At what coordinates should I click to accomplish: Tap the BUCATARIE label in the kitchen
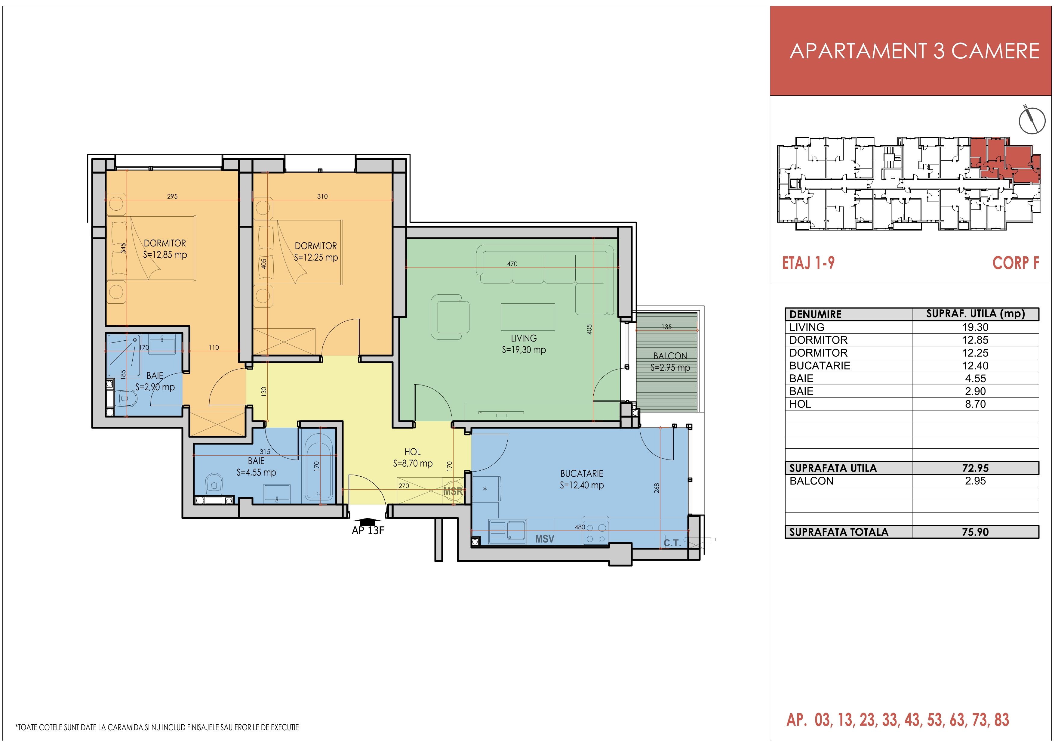[581, 473]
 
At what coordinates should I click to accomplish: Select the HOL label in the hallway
[412, 452]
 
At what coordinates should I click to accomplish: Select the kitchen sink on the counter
[517, 531]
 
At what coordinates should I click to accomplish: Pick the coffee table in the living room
[527, 317]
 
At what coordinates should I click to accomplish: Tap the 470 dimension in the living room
[512, 264]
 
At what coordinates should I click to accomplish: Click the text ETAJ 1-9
[808, 263]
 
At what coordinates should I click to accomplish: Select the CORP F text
[1016, 263]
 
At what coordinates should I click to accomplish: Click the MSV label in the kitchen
[545, 539]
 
